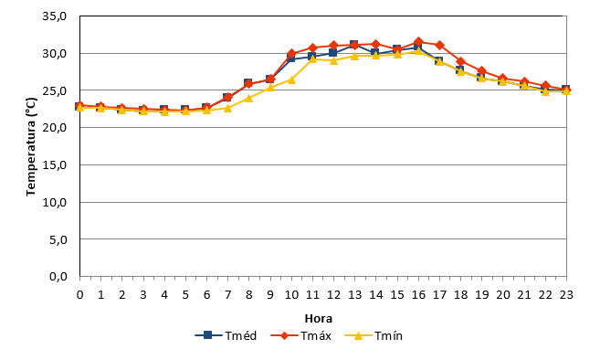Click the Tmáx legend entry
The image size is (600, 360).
pyautogui.click(x=300, y=336)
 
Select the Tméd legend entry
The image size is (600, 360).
pyautogui.click(x=226, y=336)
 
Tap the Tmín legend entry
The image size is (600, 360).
pyautogui.click(x=374, y=336)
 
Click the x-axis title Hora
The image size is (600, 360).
pyautogui.click(x=319, y=319)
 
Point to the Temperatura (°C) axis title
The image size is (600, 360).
pyautogui.click(x=31, y=147)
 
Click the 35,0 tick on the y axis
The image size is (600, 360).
pyautogui.click(x=55, y=16)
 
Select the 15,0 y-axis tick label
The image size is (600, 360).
pyautogui.click(x=55, y=165)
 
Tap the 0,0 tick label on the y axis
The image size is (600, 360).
pyautogui.click(x=58, y=277)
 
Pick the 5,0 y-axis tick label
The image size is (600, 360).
pyautogui.click(x=58, y=239)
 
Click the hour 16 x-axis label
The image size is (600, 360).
pyautogui.click(x=418, y=295)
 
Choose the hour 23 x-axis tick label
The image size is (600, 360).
pyautogui.click(x=566, y=295)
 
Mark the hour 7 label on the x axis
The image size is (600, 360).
pyautogui.click(x=227, y=295)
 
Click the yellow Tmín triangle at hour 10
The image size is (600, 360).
pyautogui.click(x=291, y=79)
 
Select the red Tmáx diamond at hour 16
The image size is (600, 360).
pyautogui.click(x=418, y=42)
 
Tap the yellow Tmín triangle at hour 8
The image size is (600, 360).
pyautogui.click(x=248, y=98)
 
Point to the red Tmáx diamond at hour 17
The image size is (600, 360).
pyautogui.click(x=439, y=45)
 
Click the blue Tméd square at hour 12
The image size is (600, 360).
pyautogui.click(x=333, y=53)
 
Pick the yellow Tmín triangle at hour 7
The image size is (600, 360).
pyautogui.click(x=227, y=108)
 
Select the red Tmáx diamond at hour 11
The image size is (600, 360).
pyautogui.click(x=312, y=48)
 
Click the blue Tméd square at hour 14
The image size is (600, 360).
pyautogui.click(x=375, y=53)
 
